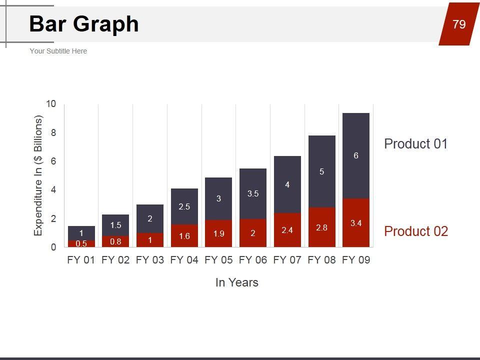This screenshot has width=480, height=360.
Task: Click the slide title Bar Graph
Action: click(x=84, y=24)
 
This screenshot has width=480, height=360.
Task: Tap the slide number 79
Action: click(x=459, y=24)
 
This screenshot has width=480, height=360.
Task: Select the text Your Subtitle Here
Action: click(x=58, y=51)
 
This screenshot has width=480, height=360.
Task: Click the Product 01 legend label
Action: click(x=415, y=144)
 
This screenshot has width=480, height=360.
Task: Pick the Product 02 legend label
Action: click(x=415, y=231)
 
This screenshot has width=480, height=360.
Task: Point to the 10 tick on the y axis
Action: click(x=51, y=104)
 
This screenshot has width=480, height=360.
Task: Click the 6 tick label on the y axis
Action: click(x=53, y=161)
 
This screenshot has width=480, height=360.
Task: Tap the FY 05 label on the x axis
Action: click(x=218, y=260)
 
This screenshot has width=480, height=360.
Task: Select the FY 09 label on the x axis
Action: click(x=356, y=260)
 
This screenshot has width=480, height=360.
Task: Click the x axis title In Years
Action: click(x=236, y=282)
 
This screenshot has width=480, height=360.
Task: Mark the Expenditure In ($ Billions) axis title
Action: click(x=38, y=175)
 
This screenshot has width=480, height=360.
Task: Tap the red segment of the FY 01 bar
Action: click(x=81, y=244)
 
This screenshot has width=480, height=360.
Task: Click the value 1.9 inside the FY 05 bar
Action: click(x=218, y=234)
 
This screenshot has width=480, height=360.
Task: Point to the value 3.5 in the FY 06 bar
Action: click(x=253, y=193)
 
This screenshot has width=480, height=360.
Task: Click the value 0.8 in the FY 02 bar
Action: click(x=115, y=241)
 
